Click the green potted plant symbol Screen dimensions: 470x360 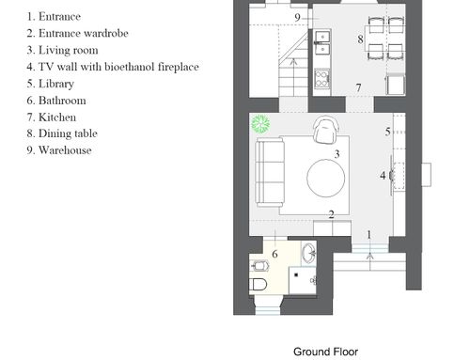pos(260,123)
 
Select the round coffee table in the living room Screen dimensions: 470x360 pos(326,178)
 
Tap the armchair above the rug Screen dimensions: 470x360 pos(327,130)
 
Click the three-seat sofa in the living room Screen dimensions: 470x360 pos(270,173)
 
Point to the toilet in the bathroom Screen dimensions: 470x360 pos(258,285)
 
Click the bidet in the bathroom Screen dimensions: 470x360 pos(260,266)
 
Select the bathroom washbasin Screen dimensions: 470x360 pos(309,253)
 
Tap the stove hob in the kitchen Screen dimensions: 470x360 pos(322,79)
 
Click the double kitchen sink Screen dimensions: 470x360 pos(322,43)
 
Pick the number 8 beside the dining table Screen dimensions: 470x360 pos(360,39)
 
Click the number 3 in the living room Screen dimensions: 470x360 pos(337,154)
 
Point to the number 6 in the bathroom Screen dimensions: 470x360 pos(274,254)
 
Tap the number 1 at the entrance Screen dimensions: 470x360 pos(369,235)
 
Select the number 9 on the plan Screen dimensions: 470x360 pos(298,17)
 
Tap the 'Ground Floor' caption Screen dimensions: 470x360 pos(325,352)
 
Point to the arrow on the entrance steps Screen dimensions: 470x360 pos(370,261)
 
